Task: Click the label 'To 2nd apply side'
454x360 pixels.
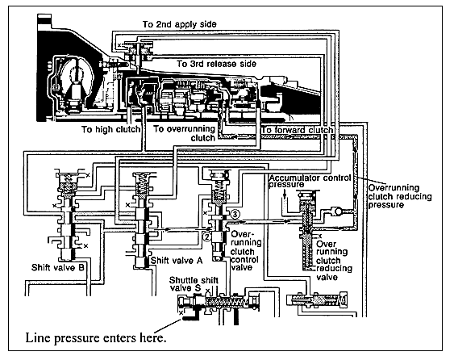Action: click(x=179, y=24)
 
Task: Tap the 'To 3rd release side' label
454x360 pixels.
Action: click(x=217, y=64)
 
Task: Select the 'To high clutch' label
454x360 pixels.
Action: click(x=110, y=129)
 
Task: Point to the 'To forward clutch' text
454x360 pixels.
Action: click(x=298, y=130)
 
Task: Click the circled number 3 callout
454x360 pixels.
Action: click(x=235, y=215)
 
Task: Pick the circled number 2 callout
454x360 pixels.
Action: click(x=207, y=237)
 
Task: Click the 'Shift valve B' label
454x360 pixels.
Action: click(x=57, y=267)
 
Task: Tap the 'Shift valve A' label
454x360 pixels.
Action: click(x=177, y=261)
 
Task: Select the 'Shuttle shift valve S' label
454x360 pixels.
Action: click(x=194, y=284)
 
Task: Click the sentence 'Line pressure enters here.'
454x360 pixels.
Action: click(x=96, y=337)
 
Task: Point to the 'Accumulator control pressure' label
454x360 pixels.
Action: click(x=310, y=181)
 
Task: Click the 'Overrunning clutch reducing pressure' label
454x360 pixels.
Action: click(x=400, y=196)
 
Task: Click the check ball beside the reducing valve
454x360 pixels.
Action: click(x=338, y=211)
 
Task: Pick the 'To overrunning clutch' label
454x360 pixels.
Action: click(x=184, y=133)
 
